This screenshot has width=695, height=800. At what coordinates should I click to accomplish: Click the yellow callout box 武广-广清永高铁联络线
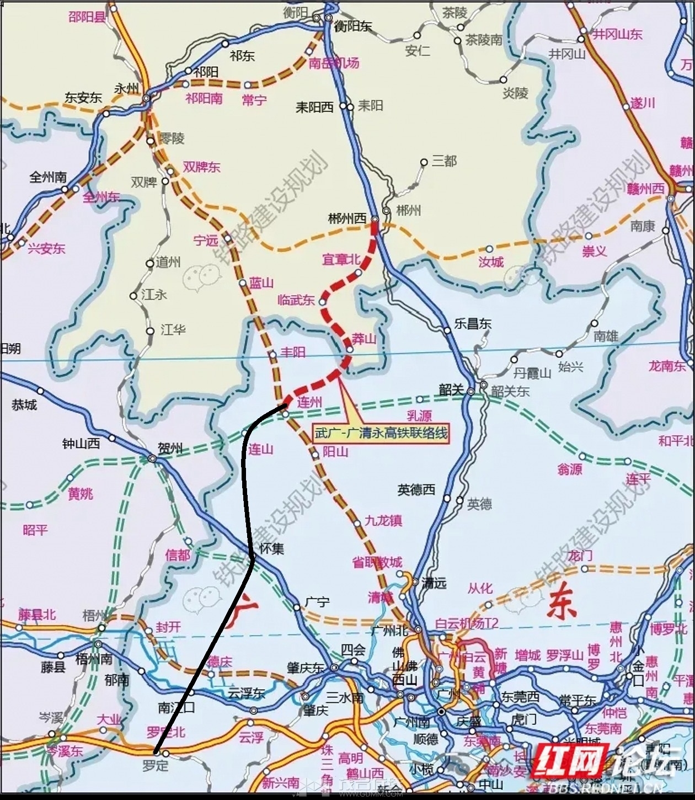381,433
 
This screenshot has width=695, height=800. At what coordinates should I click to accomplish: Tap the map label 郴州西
347,219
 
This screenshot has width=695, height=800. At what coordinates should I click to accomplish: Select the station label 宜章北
341,259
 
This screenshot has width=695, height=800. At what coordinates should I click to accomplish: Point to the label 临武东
296,300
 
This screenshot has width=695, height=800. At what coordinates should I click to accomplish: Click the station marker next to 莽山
350,349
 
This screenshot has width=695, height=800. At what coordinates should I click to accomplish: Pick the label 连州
309,402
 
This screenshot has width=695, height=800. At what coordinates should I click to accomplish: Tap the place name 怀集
271,549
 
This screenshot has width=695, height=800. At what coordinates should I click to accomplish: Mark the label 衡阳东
354,26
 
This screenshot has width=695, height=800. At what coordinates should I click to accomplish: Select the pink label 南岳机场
334,63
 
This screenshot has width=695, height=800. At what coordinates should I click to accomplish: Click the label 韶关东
510,391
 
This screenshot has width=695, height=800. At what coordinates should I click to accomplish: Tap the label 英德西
416,489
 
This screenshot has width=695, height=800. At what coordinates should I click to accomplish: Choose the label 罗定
154,766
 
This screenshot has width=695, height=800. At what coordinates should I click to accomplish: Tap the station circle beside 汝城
489,249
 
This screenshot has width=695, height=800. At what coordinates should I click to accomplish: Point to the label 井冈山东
617,34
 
